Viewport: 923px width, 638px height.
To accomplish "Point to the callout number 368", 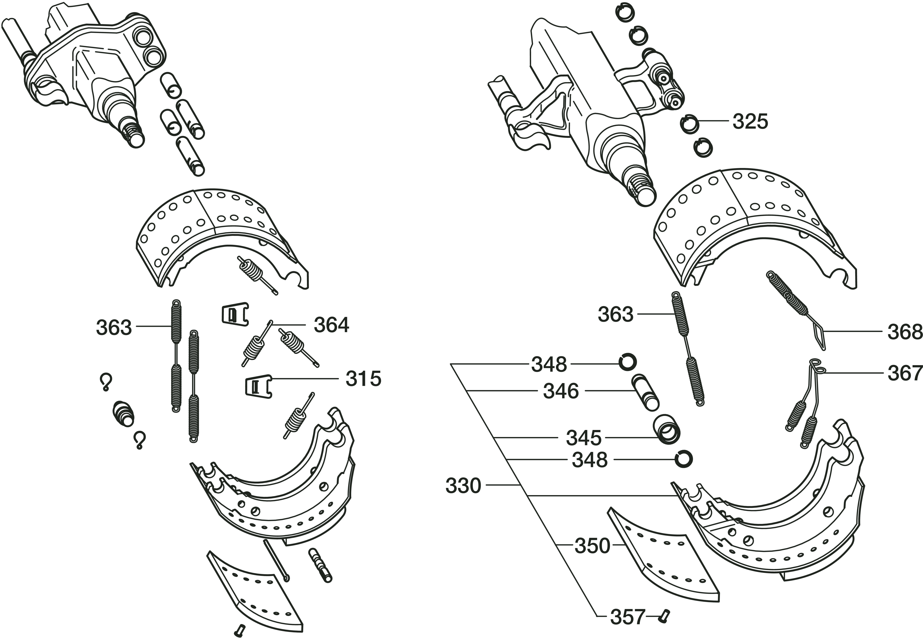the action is coord(905,332).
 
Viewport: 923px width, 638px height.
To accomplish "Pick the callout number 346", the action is coord(561,391).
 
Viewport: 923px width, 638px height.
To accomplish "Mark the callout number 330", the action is coord(463,486).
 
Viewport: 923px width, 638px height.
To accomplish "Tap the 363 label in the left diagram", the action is coord(114,327).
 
